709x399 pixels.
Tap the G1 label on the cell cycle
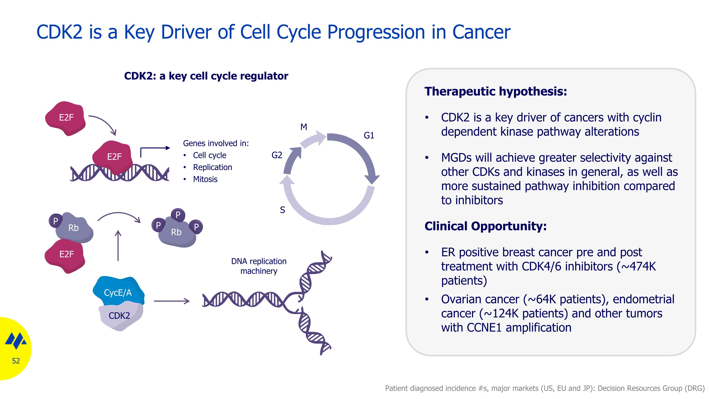(x=369, y=136)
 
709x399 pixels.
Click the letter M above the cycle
(x=304, y=127)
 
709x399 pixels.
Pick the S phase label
(x=282, y=210)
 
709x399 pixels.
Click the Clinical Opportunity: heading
(x=485, y=226)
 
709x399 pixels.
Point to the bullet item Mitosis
(x=205, y=179)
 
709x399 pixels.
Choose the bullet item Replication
(x=212, y=167)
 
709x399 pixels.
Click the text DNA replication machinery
(x=259, y=266)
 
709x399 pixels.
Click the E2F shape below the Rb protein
(x=66, y=254)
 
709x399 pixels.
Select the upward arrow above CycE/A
(x=118, y=245)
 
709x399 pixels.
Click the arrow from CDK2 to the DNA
(x=172, y=301)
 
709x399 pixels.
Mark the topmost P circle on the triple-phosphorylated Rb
(x=178, y=215)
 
